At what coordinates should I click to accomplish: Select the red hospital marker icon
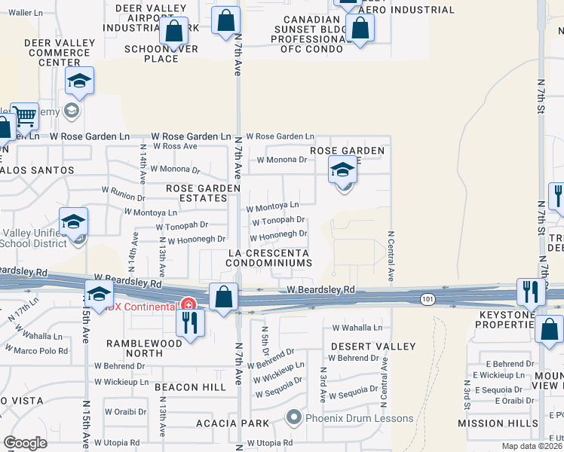coord(187,306)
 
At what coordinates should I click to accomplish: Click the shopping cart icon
coord(24,117)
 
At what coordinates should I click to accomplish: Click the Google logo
coord(25,443)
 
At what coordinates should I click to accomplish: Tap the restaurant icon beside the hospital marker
coord(189,322)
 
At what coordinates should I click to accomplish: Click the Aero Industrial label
coord(406,10)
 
